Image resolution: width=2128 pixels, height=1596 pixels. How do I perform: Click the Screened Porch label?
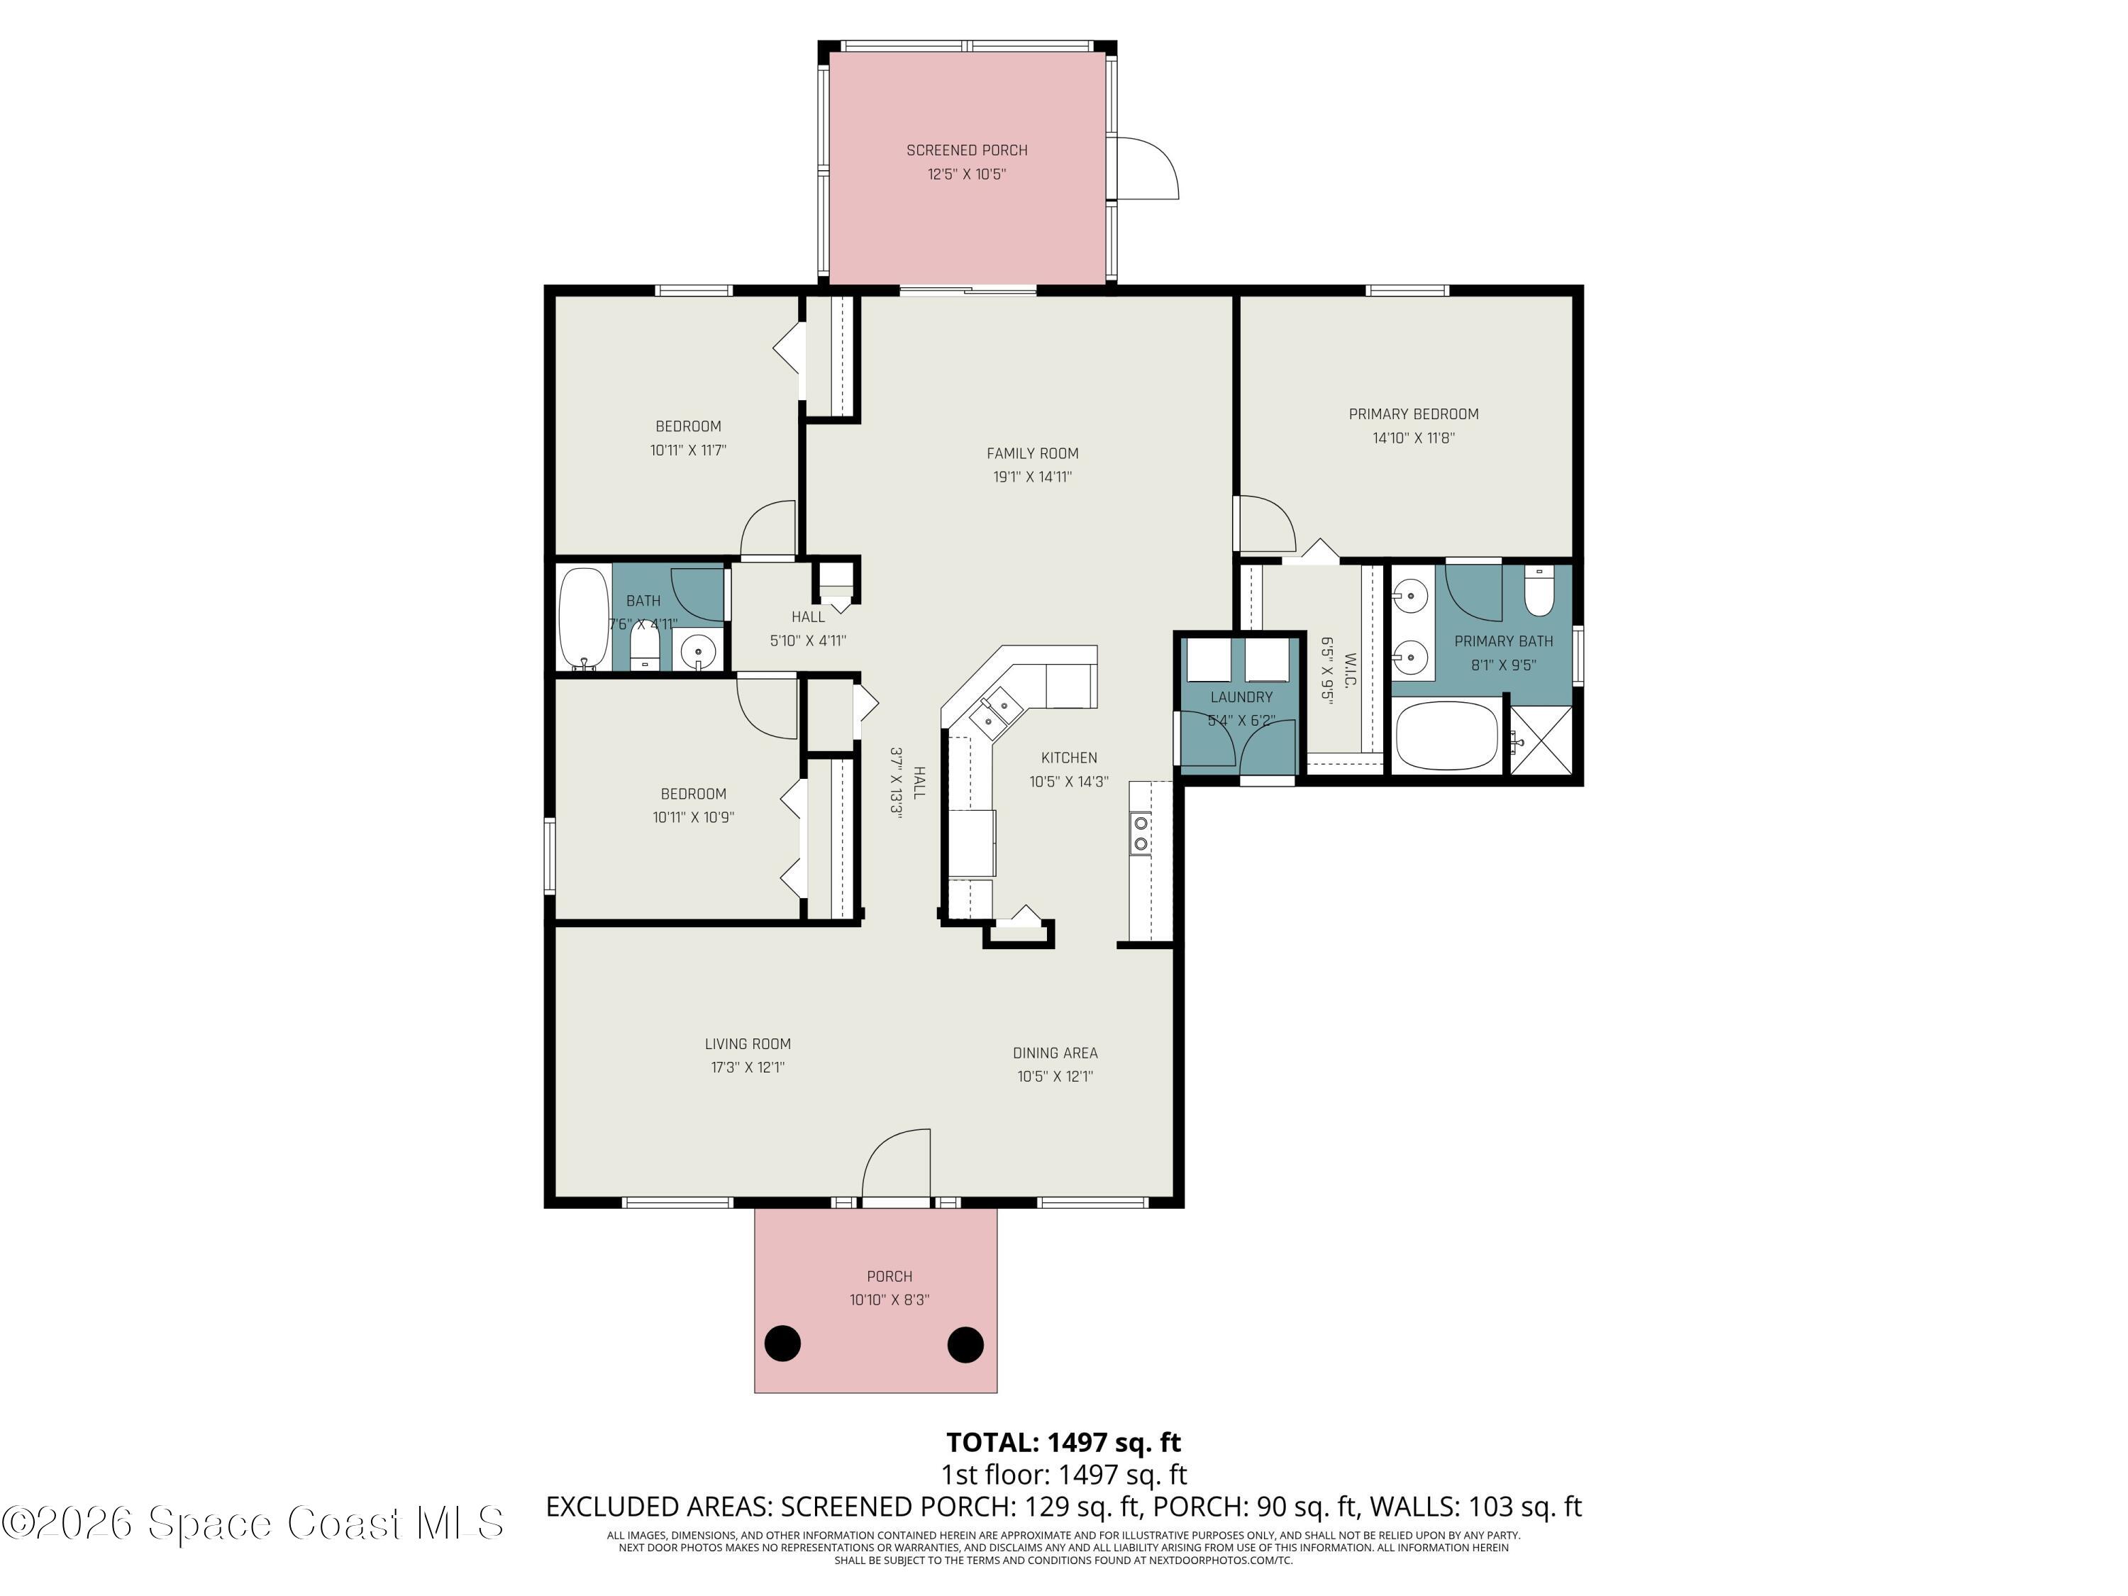click(966, 150)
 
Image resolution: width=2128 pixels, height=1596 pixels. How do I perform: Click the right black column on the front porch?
click(965, 1344)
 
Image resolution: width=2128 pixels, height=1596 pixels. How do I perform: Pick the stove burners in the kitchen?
click(1140, 833)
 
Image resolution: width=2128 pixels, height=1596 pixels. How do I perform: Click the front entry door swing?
click(897, 1166)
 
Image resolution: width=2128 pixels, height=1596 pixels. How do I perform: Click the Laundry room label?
click(1241, 697)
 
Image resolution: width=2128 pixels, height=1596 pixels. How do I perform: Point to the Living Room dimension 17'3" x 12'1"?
click(748, 1068)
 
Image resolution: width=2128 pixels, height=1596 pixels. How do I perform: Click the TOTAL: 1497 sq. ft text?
click(1063, 1442)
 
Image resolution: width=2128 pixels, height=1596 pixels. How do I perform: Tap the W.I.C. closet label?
click(1348, 670)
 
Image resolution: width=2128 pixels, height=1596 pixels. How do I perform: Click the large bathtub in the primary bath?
click(1446, 737)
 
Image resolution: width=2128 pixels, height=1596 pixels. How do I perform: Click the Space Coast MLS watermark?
click(252, 1522)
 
